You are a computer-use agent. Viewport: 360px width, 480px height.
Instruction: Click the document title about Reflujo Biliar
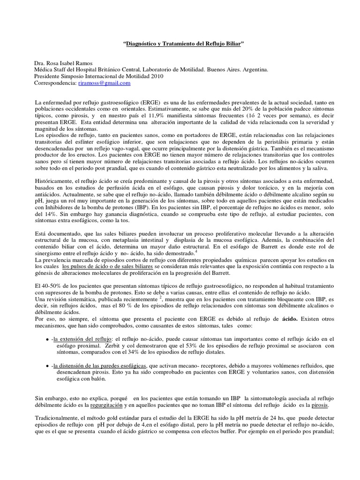[184, 44]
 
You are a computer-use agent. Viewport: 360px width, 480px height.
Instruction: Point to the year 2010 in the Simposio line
[157, 76]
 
